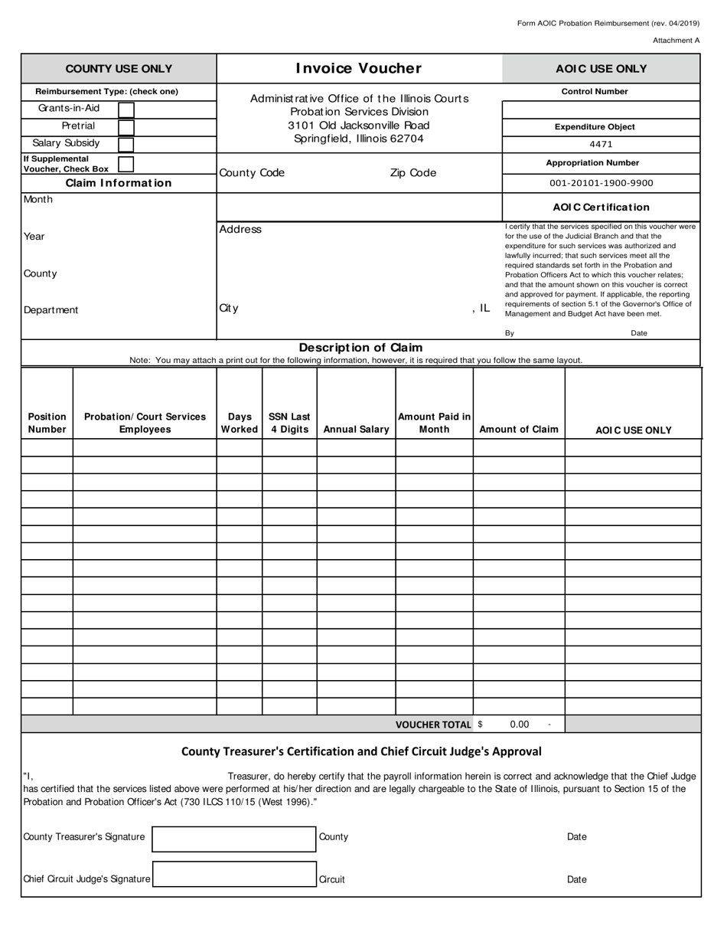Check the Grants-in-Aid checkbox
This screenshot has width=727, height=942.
click(x=126, y=110)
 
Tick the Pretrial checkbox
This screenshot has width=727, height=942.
click(x=126, y=126)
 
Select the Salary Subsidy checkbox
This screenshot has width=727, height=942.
click(x=126, y=144)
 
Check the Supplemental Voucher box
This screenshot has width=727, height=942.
click(x=126, y=164)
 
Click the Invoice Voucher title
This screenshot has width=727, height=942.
click(x=359, y=68)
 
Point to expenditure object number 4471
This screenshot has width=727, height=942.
click(x=601, y=144)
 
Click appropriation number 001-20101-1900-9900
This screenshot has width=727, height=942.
click(x=601, y=184)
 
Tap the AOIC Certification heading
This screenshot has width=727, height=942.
click(x=601, y=207)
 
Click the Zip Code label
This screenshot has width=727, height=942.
click(x=413, y=173)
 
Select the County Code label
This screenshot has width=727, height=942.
click(x=252, y=173)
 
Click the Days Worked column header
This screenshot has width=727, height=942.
click(x=240, y=423)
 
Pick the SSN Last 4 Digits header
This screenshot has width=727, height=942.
click(x=289, y=423)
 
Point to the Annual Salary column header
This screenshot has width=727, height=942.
click(x=356, y=430)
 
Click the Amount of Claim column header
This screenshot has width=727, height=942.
click(x=519, y=430)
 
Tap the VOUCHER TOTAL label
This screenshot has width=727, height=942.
click(x=433, y=724)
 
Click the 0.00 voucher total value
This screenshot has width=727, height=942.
click(x=519, y=724)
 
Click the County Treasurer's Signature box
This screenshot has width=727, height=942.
click(x=234, y=839)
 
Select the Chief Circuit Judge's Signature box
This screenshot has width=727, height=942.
click(x=234, y=875)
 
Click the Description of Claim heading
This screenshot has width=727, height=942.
click(x=360, y=348)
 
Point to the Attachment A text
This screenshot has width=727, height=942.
click(x=676, y=41)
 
